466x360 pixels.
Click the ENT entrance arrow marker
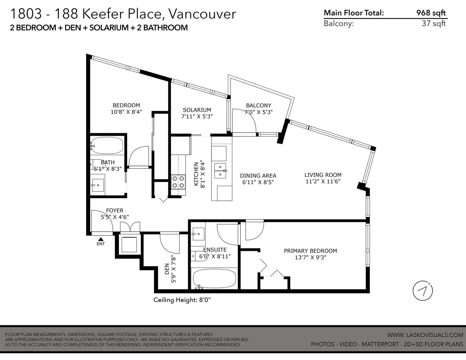101,239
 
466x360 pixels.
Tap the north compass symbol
422,291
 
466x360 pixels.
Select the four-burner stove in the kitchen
178,182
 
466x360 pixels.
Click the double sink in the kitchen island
220,171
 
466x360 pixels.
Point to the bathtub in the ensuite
214,279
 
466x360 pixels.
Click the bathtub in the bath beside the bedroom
107,145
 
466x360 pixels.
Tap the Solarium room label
197,110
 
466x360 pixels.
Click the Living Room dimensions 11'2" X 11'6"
323,182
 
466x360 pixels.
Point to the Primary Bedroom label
311,251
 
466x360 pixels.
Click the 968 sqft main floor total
431,13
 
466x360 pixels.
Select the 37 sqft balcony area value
434,23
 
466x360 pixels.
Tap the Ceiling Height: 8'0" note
182,300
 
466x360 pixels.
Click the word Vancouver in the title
202,14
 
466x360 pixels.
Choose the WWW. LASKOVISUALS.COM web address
425,335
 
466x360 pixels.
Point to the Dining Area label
258,175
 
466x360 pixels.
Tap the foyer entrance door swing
102,221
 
